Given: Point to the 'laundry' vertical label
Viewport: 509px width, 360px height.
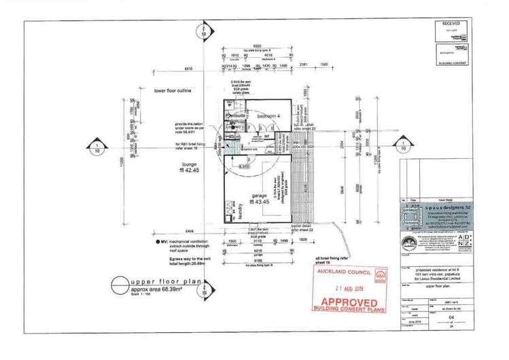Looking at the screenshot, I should tap(241, 213).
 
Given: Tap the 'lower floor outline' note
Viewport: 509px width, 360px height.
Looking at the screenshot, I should tap(177, 90).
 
